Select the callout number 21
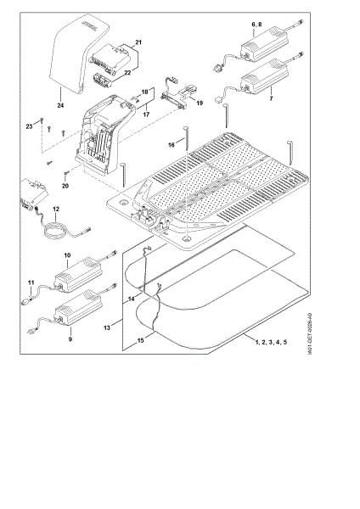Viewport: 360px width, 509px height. [138, 42]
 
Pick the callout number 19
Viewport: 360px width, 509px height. [198, 103]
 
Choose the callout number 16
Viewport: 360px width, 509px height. [172, 146]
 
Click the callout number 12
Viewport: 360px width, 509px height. [56, 208]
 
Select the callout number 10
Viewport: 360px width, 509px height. [66, 255]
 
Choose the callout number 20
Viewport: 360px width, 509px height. [66, 185]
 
